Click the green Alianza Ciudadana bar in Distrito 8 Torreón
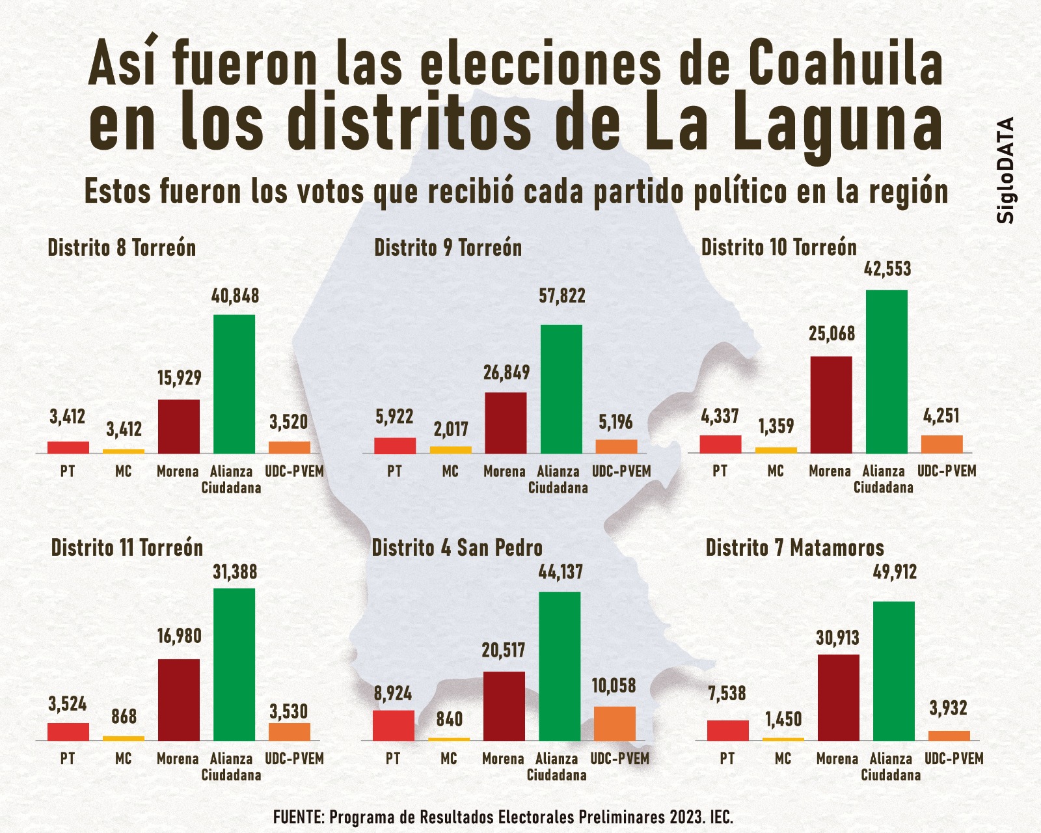coord(234,384)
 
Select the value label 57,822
coord(562,296)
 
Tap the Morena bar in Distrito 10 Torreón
coord(831,405)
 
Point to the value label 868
coord(124,717)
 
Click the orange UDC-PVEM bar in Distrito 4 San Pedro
coord(615,724)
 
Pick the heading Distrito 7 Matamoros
coord(794,548)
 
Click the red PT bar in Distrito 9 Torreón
coord(395,446)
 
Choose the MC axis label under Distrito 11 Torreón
coord(124,759)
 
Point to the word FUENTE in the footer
coord(299,817)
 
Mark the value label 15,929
coord(180,378)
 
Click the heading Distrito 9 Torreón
coord(448,248)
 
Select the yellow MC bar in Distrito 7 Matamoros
coord(783,739)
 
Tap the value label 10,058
coord(614,686)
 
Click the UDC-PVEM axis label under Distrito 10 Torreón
coord(947,471)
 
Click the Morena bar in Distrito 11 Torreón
coord(179,700)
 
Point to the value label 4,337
coord(720,416)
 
